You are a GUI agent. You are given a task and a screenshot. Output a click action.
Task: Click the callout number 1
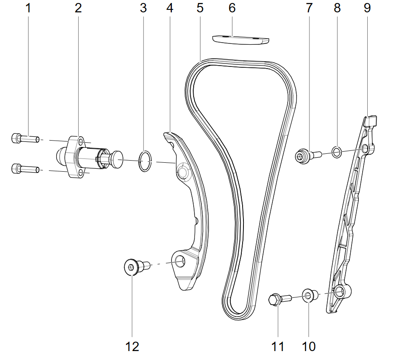[x=29, y=8]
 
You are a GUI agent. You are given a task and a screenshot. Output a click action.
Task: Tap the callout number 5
[x=200, y=8]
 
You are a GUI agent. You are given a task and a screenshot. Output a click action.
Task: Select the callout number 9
[x=367, y=8]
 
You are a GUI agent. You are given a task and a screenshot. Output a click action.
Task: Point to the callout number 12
[x=132, y=347]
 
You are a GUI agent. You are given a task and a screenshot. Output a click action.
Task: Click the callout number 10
[x=309, y=346]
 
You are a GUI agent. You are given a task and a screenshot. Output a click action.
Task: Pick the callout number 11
[x=277, y=347]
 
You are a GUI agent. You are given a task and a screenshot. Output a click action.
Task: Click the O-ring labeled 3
[x=145, y=161]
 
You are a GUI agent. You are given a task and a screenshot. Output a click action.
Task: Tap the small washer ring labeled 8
[x=337, y=152]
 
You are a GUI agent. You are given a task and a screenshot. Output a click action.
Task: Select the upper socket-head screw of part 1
[x=26, y=138]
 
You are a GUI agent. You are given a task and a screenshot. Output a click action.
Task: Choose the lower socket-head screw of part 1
[x=26, y=169]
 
